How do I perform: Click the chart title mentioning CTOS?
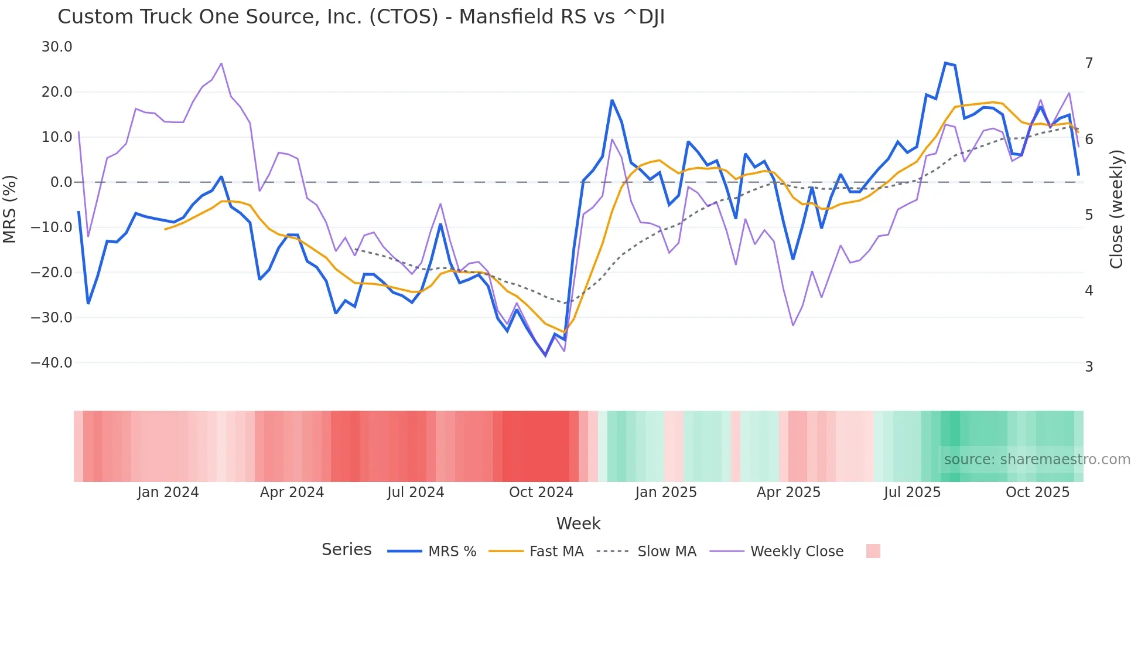pos(361,17)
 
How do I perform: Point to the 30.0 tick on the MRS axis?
pos(57,47)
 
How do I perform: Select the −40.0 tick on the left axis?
pos(52,363)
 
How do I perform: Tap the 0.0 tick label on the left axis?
pos(61,182)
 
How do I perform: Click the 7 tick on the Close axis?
pos(1089,63)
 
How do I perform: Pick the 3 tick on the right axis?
pos(1089,367)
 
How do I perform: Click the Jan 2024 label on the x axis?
pos(168,492)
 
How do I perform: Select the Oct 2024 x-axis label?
pos(541,492)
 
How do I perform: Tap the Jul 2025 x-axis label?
pos(912,492)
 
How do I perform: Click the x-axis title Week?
pos(578,523)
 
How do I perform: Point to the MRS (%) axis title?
pos(10,209)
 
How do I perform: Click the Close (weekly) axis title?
pos(1116,209)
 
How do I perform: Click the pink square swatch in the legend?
pos(873,551)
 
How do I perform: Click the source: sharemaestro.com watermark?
pos(1037,460)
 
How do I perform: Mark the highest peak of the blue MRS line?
pos(945,63)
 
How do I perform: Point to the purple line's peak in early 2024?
pos(221,63)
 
